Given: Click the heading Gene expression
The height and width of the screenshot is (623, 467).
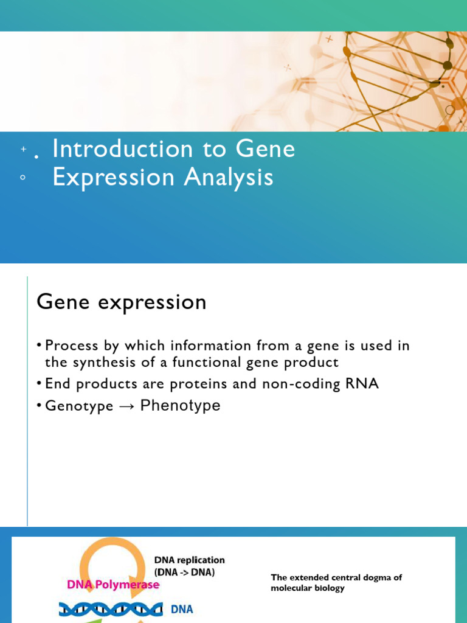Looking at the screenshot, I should click(x=122, y=302).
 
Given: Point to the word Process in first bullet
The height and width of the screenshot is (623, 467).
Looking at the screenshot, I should click(x=72, y=346).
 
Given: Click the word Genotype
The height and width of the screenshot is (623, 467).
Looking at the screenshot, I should click(x=79, y=406).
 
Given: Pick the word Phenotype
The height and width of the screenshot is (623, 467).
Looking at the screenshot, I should click(x=180, y=406).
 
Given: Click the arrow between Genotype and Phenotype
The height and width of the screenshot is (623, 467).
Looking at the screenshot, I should click(x=126, y=406).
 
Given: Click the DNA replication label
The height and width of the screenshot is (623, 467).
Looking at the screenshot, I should click(x=189, y=560).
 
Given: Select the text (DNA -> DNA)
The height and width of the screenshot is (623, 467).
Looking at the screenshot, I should click(x=184, y=573).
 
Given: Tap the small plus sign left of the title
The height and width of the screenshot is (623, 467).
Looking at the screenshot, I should click(x=24, y=149).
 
